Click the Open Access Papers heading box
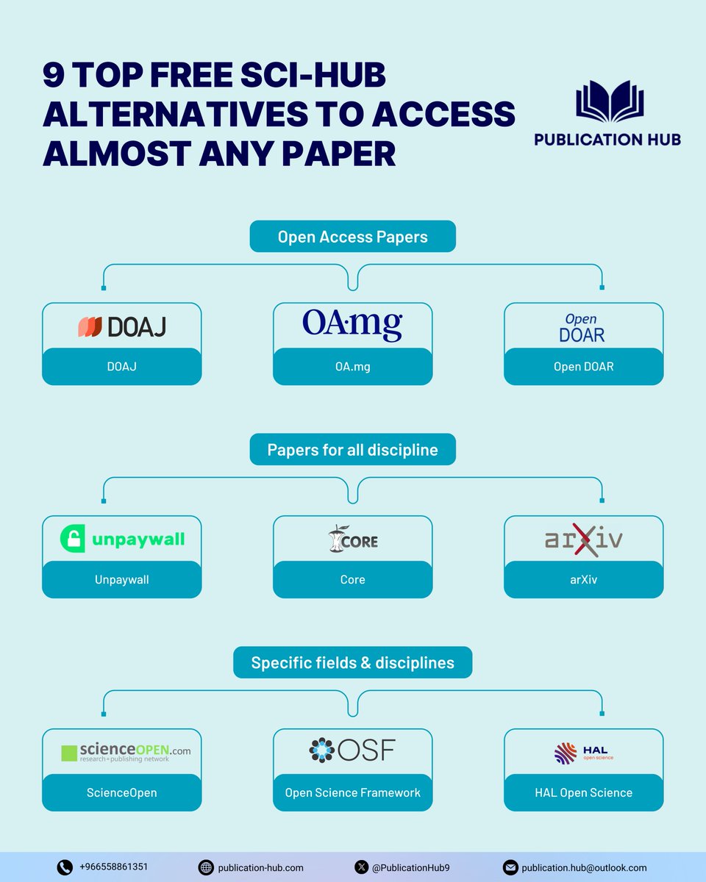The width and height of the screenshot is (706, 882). point(352,237)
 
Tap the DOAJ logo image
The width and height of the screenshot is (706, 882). point(122,326)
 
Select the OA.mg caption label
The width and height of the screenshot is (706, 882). point(352,366)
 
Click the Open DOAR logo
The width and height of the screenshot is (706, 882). point(582,328)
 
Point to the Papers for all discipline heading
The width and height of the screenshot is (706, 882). point(352,450)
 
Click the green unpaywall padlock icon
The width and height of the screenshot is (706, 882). point(74,539)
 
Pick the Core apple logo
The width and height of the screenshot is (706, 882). point(338,539)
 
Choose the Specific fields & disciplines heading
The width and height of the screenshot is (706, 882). point(352,663)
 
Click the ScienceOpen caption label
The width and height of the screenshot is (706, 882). point(121,792)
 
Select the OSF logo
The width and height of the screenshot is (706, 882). point(352,750)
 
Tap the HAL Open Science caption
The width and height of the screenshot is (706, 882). point(583,792)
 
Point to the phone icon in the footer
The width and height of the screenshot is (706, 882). point(65,867)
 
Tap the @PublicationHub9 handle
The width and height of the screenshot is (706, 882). point(408,867)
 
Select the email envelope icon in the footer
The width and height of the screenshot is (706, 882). point(510,867)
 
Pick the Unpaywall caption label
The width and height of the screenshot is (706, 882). point(121,580)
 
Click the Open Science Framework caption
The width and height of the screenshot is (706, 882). point(352,792)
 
